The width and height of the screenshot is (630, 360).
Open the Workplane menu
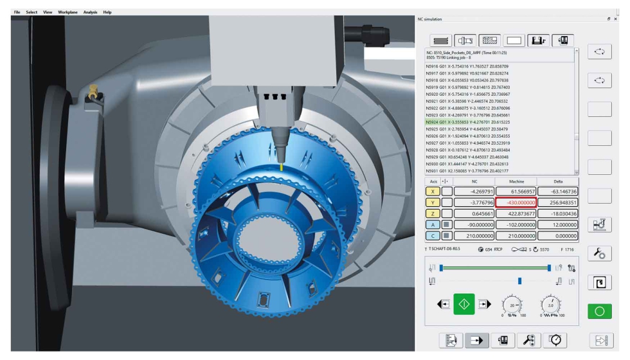click(67, 12)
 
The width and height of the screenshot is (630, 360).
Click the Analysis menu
click(90, 12)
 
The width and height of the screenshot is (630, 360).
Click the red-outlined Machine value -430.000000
click(516, 202)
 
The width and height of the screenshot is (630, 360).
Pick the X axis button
click(433, 191)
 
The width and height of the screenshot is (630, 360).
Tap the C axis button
click(433, 235)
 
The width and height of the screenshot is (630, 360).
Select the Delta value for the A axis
click(558, 224)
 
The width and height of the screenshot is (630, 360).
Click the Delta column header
click(558, 181)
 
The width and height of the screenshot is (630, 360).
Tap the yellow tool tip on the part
click(281, 166)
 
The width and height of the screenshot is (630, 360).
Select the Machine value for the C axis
click(516, 235)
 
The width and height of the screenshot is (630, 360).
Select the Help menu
click(107, 12)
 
